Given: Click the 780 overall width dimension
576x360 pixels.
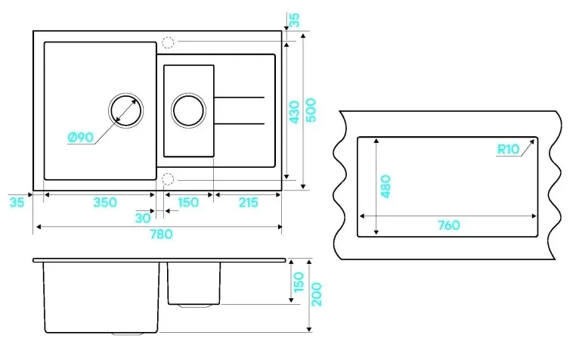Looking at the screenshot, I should (160, 234).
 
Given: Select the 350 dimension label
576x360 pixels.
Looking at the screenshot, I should (104, 202).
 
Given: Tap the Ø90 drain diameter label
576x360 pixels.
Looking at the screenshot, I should (79, 137).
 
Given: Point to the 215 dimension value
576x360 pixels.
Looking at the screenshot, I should (247, 202).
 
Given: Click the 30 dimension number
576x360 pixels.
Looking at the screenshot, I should (142, 218).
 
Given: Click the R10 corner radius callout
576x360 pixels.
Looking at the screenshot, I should (508, 149).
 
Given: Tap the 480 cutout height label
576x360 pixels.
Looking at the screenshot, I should (386, 186).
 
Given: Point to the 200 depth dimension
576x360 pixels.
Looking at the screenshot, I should (317, 293).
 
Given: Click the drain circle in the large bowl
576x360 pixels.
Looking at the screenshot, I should (123, 110).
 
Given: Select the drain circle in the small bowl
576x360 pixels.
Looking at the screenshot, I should (187, 110).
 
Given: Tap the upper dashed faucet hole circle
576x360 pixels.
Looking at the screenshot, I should (168, 42).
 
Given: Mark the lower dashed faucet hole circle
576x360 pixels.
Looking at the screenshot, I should (168, 178).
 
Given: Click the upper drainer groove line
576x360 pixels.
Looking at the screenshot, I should (240, 98).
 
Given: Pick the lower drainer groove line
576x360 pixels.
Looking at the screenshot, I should (240, 123).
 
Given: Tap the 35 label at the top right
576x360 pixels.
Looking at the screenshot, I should (294, 19).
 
